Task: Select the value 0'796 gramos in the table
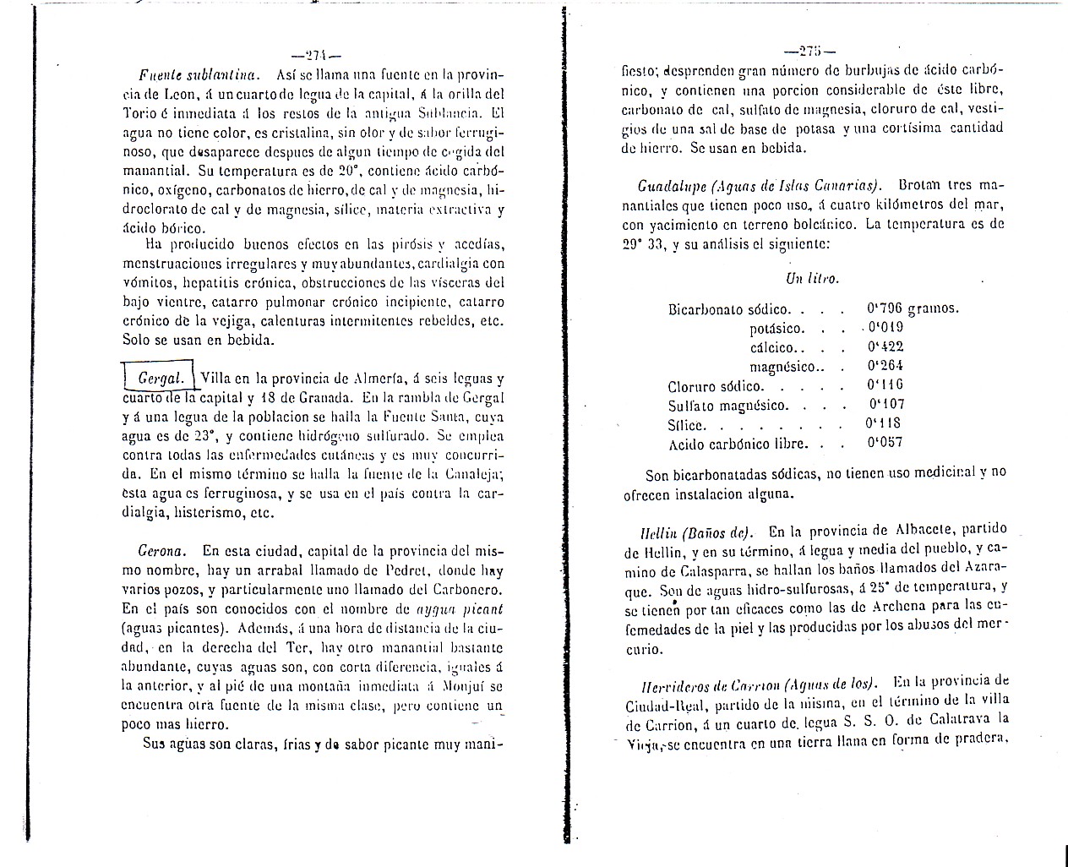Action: tap(913, 308)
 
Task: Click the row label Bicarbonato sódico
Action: tap(729, 309)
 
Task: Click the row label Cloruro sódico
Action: tap(715, 386)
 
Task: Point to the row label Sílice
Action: tap(687, 425)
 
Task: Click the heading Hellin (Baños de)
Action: tap(695, 532)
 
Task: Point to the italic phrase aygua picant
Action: tap(460, 608)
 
